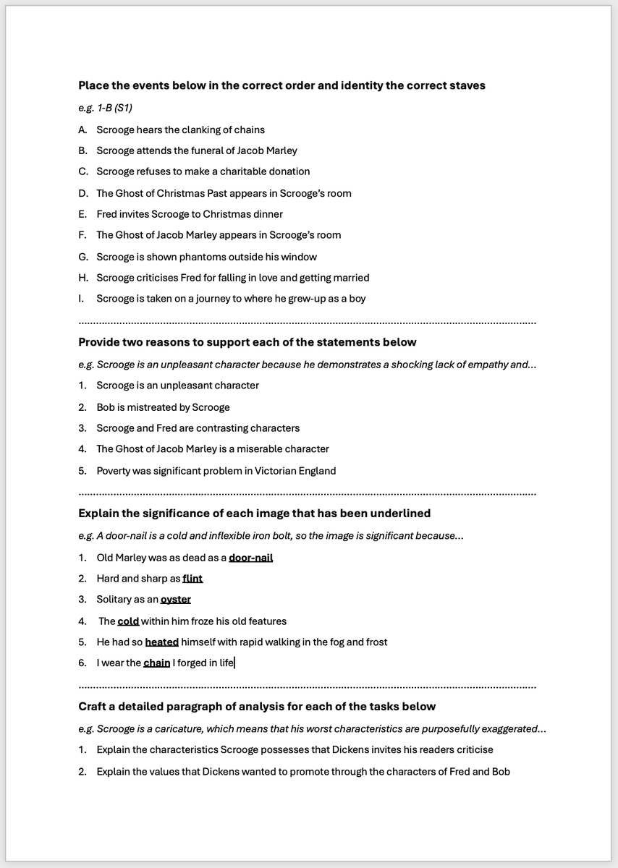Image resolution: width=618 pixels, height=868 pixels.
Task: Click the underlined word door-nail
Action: click(250, 557)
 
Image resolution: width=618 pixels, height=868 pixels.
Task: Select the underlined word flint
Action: click(192, 578)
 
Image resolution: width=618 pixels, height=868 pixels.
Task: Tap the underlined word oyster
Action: click(175, 599)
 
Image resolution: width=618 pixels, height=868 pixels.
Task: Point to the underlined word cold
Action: click(128, 621)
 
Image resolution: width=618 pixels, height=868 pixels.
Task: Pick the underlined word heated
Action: click(161, 642)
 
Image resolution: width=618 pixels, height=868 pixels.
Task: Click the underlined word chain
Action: click(156, 663)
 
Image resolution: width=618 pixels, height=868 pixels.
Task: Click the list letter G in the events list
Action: click(82, 257)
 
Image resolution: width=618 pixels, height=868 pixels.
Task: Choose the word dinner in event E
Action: click(266, 214)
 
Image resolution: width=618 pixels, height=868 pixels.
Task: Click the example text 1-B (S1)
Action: click(114, 107)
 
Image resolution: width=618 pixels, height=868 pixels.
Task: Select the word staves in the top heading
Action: click(467, 85)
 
